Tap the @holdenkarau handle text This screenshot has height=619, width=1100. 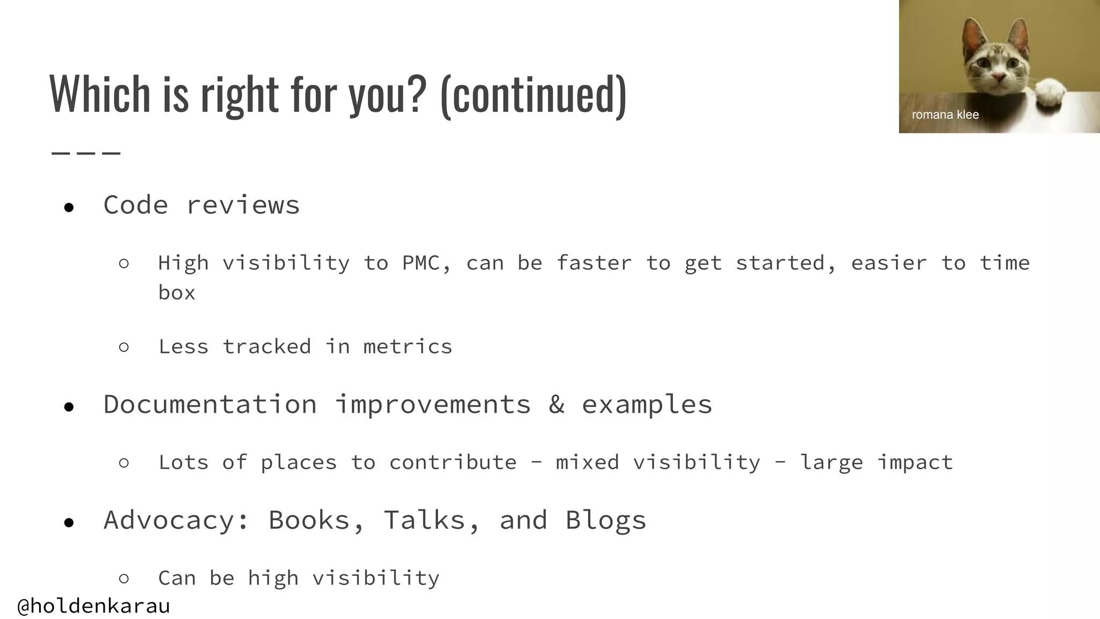(93, 606)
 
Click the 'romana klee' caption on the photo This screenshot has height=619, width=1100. (945, 114)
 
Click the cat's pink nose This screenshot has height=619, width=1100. (998, 79)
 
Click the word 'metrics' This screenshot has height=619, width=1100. (408, 347)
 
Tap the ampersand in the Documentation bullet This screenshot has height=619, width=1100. (556, 404)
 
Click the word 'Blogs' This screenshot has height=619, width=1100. (605, 520)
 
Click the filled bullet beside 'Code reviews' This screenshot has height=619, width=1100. (69, 207)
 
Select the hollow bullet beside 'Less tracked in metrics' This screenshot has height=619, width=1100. (124, 347)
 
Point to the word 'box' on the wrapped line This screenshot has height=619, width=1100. (177, 293)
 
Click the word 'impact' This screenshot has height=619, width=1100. (915, 463)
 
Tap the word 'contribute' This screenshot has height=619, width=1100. (452, 463)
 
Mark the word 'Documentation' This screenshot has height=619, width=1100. (210, 404)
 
